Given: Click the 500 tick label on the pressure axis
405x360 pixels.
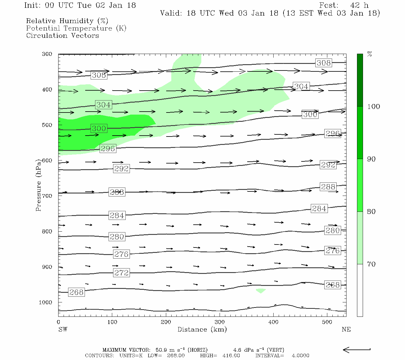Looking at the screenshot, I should pyautogui.click(x=47, y=125).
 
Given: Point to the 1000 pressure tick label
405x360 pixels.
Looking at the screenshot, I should pyautogui.click(x=46, y=302).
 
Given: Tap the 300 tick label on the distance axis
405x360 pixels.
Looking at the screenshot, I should pyautogui.click(x=220, y=322).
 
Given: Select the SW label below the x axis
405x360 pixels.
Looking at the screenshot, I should pyautogui.click(x=63, y=329).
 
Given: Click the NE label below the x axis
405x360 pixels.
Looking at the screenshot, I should pyautogui.click(x=346, y=329).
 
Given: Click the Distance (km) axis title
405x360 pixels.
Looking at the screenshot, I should pyautogui.click(x=202, y=329).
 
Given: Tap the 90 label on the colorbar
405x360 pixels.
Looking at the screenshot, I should pyautogui.click(x=371, y=159).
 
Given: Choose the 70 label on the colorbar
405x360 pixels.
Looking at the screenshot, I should pyautogui.click(x=371, y=264).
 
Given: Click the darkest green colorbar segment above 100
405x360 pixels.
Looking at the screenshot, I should pyautogui.click(x=360, y=80).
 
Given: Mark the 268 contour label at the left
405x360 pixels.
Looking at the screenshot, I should pyautogui.click(x=76, y=292).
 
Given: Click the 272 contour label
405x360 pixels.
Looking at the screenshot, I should pyautogui.click(x=121, y=273).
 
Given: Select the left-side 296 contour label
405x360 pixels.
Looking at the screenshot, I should pyautogui.click(x=108, y=148).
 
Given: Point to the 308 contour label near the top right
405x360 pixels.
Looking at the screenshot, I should pyautogui.click(x=323, y=63).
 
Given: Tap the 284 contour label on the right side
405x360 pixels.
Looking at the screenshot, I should pyautogui.click(x=319, y=208).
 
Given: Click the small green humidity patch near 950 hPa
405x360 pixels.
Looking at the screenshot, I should pyautogui.click(x=260, y=290).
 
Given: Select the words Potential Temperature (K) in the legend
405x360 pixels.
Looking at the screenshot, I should pyautogui.click(x=76, y=28).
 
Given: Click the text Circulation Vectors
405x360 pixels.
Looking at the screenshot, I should pyautogui.click(x=62, y=35).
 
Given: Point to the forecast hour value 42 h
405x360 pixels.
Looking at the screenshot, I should pyautogui.click(x=359, y=5).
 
